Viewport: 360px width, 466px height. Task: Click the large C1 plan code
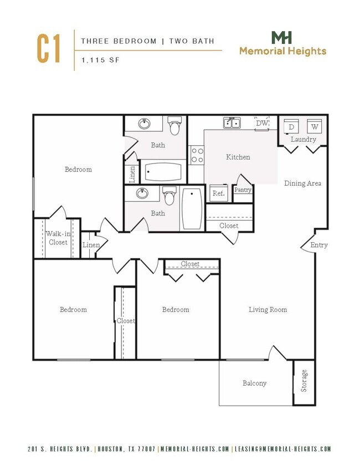(49, 49)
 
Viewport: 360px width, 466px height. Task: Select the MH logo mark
(282, 38)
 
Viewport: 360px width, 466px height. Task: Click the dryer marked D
(291, 127)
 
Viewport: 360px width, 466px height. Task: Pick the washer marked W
(314, 127)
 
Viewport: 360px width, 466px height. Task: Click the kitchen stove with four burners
(197, 155)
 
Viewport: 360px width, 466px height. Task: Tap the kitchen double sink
(232, 122)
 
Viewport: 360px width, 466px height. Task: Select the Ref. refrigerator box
(218, 193)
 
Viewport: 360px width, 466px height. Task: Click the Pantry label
(243, 190)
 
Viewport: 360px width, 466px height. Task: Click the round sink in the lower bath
(143, 194)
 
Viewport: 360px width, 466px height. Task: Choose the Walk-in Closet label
(57, 238)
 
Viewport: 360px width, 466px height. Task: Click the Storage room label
(304, 381)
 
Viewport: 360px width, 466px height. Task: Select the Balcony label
(254, 383)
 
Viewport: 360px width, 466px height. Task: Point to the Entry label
(318, 245)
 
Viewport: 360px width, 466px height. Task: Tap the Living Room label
(268, 310)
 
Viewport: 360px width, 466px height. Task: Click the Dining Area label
(302, 183)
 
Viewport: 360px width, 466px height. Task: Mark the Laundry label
(303, 140)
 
